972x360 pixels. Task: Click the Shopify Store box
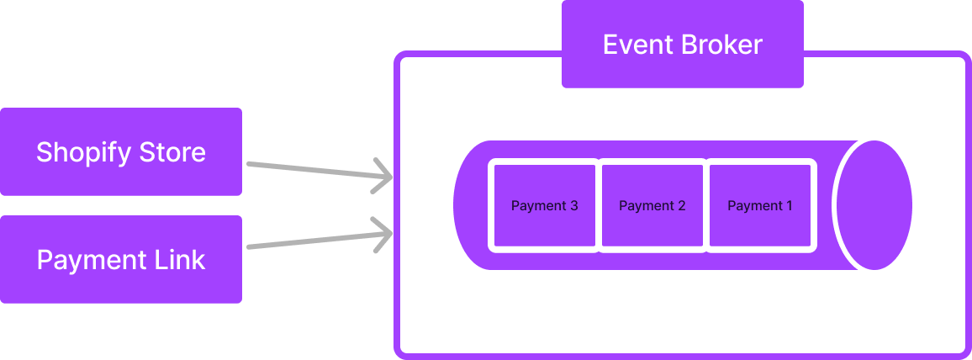(x=121, y=151)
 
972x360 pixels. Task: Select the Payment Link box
(x=121, y=259)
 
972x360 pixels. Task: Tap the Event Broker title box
(x=682, y=44)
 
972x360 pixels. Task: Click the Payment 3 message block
(x=544, y=205)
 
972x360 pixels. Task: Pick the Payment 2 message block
(x=652, y=205)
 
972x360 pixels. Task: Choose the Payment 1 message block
(x=760, y=205)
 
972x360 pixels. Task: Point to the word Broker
(x=722, y=44)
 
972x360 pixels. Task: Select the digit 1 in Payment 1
(x=789, y=205)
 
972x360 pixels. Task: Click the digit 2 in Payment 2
(x=681, y=205)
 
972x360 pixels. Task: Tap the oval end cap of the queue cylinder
(x=874, y=205)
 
